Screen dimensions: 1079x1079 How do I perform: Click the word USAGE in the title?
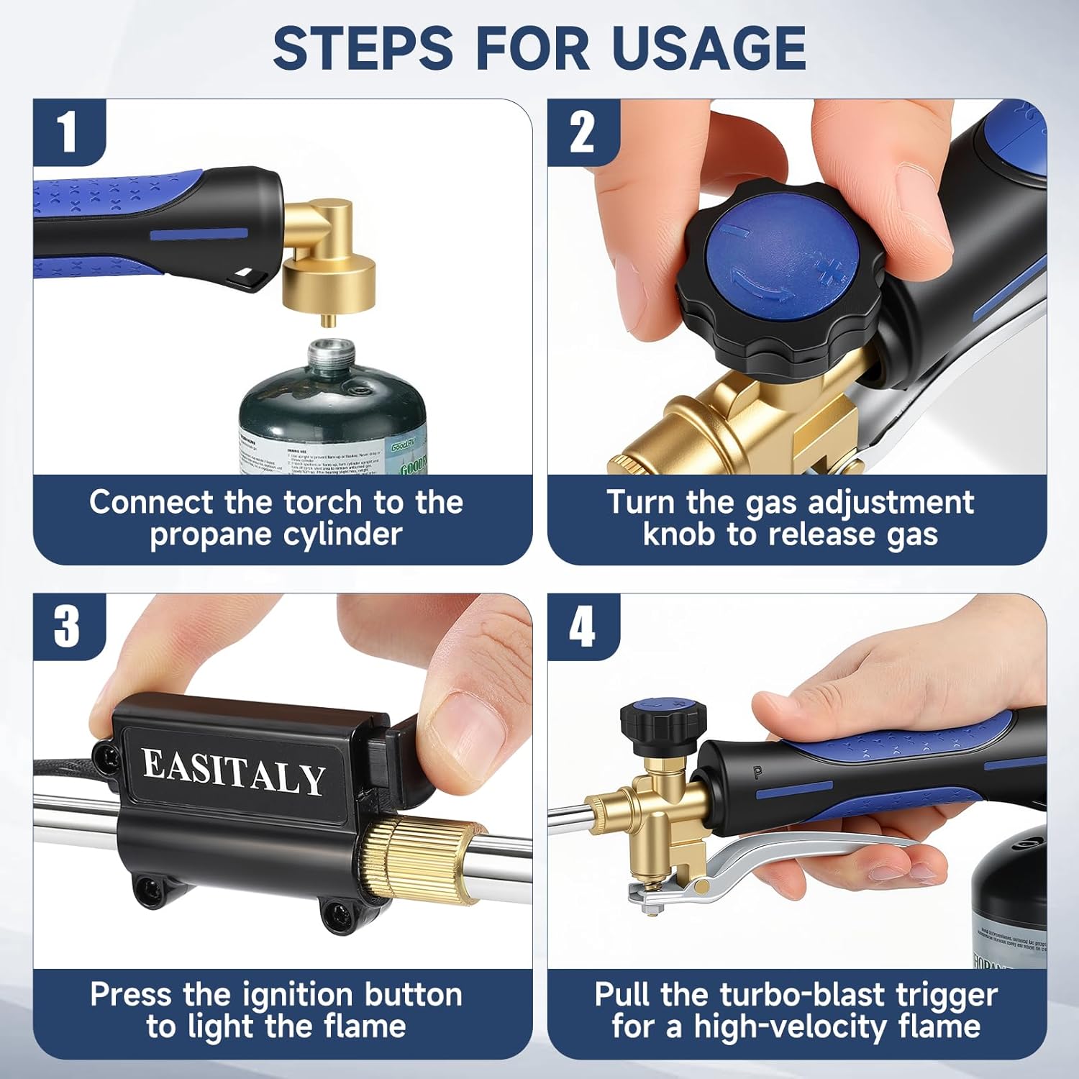tap(709, 47)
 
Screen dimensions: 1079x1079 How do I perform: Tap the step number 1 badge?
tap(68, 133)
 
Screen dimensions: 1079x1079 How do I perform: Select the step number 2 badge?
tap(582, 133)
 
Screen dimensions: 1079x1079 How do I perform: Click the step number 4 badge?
tap(582, 627)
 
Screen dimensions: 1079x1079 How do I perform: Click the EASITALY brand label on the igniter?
tap(233, 773)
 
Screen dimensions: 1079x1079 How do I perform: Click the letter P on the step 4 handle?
tap(757, 773)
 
